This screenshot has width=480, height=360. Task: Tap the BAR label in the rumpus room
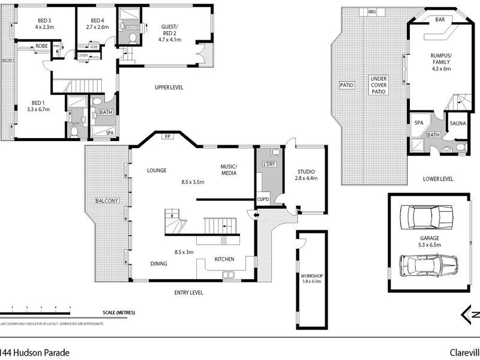tap(440, 20)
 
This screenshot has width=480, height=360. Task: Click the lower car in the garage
tap(428, 263)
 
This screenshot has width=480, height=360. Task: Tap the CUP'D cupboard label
tap(263, 199)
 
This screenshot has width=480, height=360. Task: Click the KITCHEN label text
tap(224, 259)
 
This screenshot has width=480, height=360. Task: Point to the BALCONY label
tap(105, 200)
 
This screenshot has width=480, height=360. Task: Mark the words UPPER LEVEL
tap(169, 88)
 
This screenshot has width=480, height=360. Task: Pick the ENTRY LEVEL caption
tap(188, 293)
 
